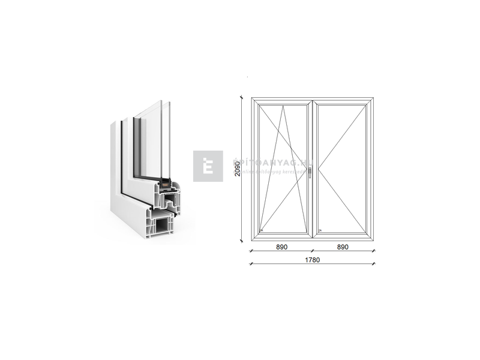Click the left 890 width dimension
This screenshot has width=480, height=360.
(281, 247)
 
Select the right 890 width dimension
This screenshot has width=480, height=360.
(343, 247)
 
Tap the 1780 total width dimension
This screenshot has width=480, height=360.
(312, 260)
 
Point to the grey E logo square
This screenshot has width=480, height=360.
(208, 166)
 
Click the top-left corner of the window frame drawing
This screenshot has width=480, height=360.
(251, 97)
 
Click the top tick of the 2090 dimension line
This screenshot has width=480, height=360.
(242, 97)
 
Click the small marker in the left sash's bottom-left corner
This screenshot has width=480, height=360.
(262, 230)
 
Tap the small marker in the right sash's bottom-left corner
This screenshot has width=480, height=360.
(320, 230)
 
